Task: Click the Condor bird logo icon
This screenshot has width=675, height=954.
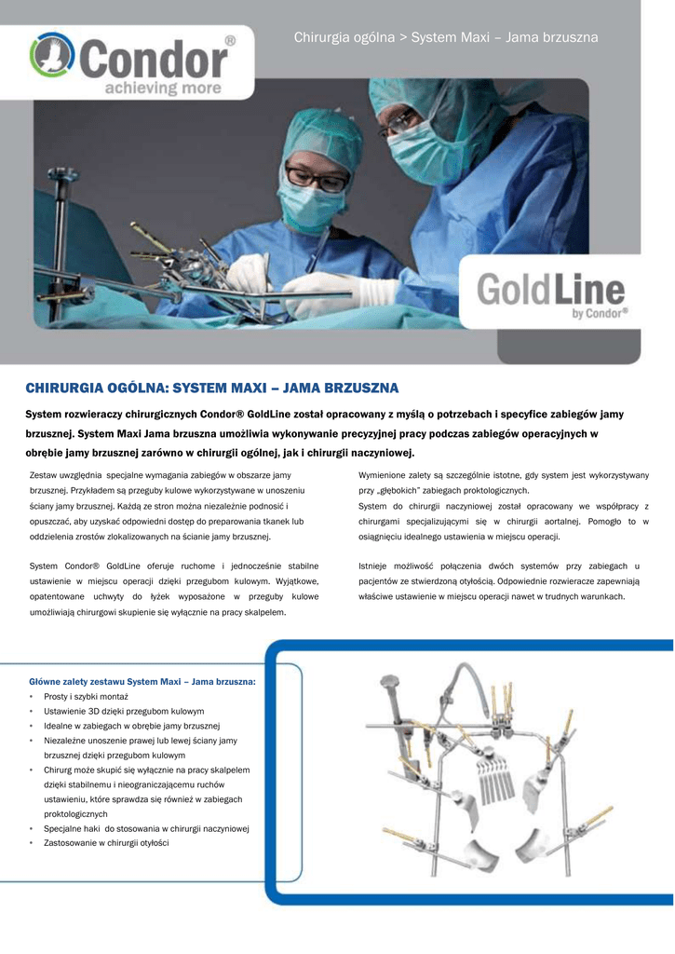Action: (x=51, y=57)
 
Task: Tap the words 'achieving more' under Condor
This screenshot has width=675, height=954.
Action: (x=162, y=89)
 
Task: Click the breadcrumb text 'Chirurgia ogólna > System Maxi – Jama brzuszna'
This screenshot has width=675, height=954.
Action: (x=446, y=37)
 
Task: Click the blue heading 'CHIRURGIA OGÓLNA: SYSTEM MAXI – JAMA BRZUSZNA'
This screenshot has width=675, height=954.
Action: (x=211, y=387)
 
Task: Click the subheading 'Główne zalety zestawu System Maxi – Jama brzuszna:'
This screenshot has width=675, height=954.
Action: (x=142, y=681)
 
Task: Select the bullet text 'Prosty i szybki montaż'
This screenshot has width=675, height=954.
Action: (x=86, y=696)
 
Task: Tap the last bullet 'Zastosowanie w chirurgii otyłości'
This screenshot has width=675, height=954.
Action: (x=106, y=842)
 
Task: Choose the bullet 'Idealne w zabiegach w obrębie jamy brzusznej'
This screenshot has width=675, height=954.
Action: (x=131, y=726)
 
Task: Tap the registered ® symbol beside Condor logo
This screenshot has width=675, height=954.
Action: (x=230, y=41)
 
